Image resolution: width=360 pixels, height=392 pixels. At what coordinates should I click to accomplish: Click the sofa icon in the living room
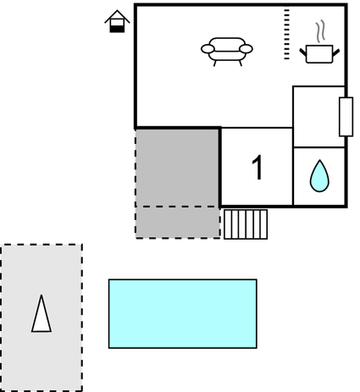tap(227, 52)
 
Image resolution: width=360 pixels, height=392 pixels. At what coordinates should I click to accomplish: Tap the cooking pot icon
tap(319, 53)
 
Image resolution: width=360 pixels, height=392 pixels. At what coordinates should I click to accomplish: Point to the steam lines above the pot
tap(320, 31)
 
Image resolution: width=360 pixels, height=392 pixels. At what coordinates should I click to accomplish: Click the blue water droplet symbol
tap(319, 176)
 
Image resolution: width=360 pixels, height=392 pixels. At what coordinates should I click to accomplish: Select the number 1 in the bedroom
tap(258, 167)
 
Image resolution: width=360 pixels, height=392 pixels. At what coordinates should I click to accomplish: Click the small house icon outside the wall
tap(117, 21)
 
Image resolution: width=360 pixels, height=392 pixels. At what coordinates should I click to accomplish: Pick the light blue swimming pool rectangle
tap(183, 313)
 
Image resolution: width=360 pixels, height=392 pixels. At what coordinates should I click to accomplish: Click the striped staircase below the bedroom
tap(246, 224)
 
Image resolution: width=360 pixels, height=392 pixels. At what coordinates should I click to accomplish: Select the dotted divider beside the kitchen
tap(286, 34)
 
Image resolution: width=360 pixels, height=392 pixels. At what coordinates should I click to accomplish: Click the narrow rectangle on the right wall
tap(346, 117)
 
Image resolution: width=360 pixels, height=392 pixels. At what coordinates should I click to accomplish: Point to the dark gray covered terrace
tap(177, 168)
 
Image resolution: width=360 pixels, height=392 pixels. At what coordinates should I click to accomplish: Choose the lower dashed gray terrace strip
tap(178, 223)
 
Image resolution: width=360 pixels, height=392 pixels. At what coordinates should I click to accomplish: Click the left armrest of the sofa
tap(208, 49)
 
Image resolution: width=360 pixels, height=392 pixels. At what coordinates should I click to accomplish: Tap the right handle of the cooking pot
tap(336, 52)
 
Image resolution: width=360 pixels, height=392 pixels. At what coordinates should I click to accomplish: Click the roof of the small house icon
tap(117, 16)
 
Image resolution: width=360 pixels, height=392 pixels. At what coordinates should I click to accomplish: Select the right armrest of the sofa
tap(246, 49)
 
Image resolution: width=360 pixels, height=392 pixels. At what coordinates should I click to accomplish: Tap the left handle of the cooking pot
tap(303, 52)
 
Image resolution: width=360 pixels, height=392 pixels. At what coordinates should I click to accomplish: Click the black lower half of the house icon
tap(117, 29)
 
